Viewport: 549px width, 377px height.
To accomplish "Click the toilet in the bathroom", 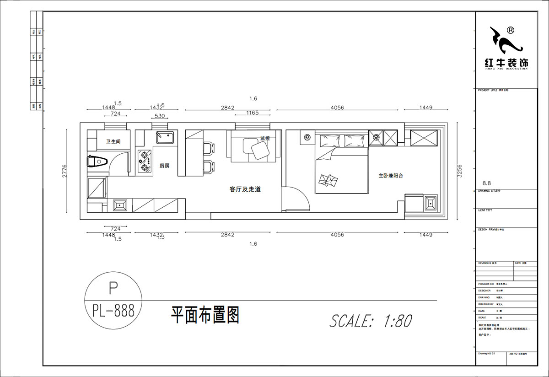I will [x=97, y=162].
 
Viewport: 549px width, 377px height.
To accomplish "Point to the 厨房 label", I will [x=164, y=166].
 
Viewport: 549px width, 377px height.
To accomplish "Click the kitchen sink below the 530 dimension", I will [x=165, y=137].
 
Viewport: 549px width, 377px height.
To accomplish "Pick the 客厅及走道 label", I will [x=245, y=189].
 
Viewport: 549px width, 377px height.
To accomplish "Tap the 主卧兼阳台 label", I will [x=390, y=175].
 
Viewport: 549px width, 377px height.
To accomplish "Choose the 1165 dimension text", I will [x=253, y=113].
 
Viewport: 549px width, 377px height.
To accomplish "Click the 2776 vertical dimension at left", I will [x=65, y=170].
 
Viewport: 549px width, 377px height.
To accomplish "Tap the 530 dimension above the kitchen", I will [x=160, y=116].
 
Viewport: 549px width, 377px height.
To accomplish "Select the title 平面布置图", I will [x=205, y=315].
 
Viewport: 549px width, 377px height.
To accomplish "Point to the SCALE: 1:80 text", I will [x=371, y=321].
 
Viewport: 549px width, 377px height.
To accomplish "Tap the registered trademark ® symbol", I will [x=511, y=30].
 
